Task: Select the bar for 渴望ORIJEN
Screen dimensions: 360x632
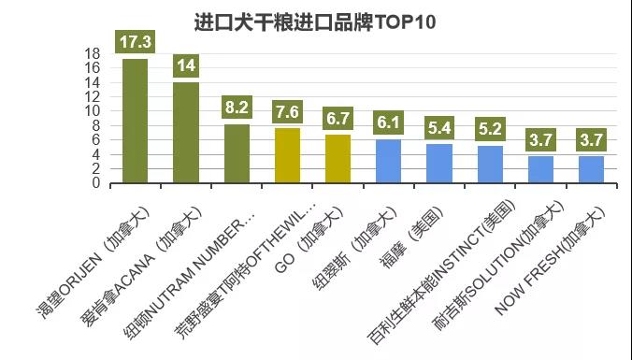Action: tap(136, 122)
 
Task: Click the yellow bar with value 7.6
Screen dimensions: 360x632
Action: tap(287, 156)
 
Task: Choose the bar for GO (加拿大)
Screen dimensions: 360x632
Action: tap(338, 159)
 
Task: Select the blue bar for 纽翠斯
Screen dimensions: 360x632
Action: tap(388, 162)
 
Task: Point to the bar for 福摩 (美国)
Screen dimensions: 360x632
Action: tap(438, 164)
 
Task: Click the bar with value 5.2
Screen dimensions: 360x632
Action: tap(489, 165)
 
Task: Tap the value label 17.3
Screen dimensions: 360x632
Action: tap(136, 41)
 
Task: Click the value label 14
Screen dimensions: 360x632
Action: tap(186, 65)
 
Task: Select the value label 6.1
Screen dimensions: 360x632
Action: tap(388, 122)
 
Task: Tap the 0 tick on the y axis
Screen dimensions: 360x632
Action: tap(97, 183)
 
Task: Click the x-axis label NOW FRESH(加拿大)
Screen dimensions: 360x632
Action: tap(552, 257)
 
